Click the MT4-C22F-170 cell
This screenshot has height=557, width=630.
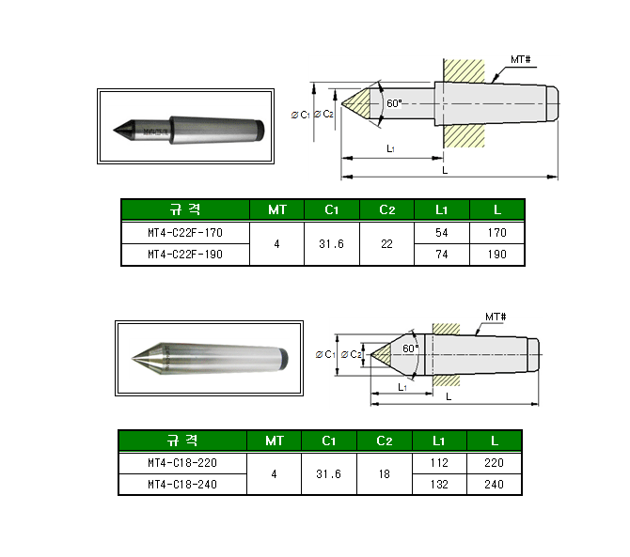coord(185,233)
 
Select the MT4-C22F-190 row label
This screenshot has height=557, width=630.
coord(185,255)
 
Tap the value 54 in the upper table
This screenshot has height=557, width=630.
coord(442,233)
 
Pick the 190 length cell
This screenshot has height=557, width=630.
coord(497,255)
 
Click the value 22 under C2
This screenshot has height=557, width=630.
coord(386,244)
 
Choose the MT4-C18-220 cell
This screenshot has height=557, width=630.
coord(182,463)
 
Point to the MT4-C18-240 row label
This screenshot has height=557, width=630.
coord(182,485)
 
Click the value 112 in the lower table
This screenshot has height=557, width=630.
coord(439,463)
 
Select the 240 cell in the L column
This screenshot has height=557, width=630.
coord(495,485)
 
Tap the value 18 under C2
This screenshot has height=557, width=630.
coord(384,474)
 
